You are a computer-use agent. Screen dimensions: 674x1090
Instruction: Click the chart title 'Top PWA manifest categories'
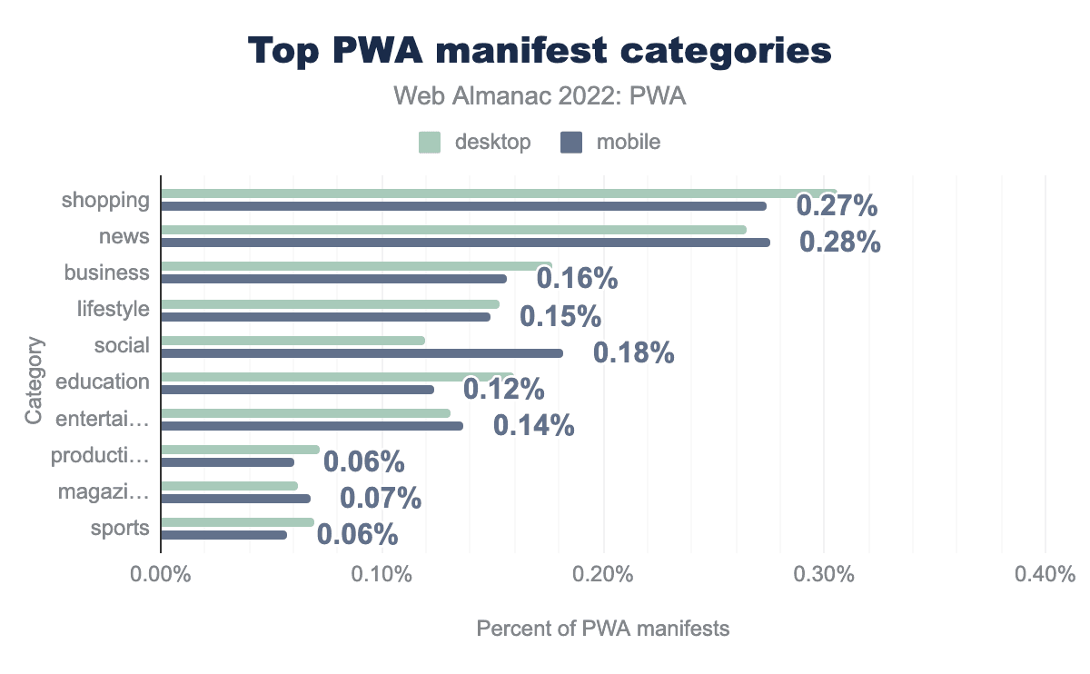pos(540,51)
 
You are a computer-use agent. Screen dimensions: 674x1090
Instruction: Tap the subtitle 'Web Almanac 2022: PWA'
pos(540,96)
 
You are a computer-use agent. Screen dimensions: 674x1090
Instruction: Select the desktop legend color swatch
pos(430,142)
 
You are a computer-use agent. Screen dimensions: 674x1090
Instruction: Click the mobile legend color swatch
pos(571,142)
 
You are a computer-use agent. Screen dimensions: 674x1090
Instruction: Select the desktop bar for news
pos(453,230)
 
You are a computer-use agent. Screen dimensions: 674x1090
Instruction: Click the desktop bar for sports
pos(237,522)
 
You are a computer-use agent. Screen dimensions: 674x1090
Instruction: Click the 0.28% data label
pos(840,243)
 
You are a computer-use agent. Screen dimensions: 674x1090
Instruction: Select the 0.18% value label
pos(633,352)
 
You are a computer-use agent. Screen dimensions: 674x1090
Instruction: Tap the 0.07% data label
pos(381,498)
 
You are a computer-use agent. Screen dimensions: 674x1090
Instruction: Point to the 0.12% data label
pos(504,389)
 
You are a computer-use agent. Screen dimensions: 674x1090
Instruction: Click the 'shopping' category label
pos(105,200)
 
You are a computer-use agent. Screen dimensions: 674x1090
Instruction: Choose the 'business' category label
pos(106,273)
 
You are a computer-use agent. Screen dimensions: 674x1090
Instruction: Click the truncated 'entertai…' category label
pos(102,418)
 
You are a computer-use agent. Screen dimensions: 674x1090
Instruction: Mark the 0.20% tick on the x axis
pos(603,575)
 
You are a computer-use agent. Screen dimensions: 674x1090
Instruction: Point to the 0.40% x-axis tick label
pos(1045,575)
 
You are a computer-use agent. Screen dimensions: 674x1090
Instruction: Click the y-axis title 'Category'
pos(35,381)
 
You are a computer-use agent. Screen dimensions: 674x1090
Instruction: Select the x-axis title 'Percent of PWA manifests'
pos(603,629)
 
